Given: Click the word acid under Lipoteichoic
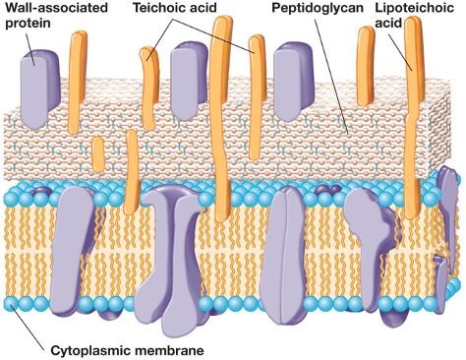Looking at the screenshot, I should tap(388, 26).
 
